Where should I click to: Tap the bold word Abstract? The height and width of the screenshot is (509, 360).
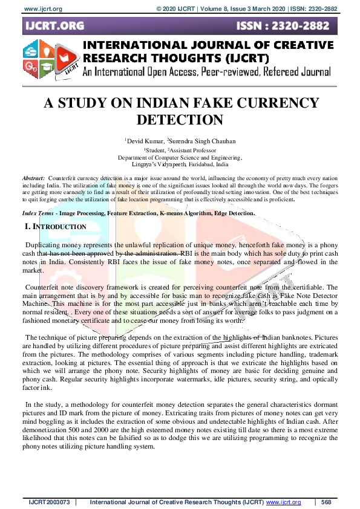point(33,180)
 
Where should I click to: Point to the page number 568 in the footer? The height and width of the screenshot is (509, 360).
point(326,502)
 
